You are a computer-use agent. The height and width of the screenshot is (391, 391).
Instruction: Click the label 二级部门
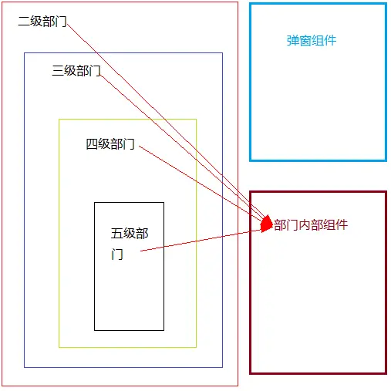click(42, 21)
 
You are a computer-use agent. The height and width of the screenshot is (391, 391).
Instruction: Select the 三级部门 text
click(76, 70)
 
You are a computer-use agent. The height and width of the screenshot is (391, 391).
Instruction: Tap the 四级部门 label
click(110, 144)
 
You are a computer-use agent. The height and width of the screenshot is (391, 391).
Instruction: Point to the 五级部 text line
click(130, 234)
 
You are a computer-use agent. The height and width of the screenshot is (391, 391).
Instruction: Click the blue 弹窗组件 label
click(312, 41)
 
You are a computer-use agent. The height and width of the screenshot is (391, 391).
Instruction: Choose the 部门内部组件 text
click(311, 225)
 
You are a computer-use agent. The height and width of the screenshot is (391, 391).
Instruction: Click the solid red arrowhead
click(266, 224)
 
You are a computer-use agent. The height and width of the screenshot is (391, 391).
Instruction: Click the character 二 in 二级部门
click(24, 21)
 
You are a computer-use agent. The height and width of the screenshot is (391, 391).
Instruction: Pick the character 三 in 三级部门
click(58, 70)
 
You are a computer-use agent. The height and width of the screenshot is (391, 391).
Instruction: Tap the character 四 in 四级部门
click(92, 144)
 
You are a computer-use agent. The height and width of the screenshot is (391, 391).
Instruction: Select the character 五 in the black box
click(117, 234)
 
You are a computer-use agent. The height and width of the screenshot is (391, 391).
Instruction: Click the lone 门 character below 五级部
click(117, 254)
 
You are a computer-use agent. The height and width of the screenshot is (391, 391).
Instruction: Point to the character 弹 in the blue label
click(293, 41)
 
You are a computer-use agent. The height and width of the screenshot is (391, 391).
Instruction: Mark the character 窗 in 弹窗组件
click(305, 41)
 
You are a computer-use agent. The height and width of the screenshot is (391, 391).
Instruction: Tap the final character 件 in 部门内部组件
click(342, 225)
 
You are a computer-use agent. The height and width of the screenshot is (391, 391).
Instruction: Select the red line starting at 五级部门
click(201, 241)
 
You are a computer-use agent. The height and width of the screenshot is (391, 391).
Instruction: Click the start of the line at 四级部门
click(139, 147)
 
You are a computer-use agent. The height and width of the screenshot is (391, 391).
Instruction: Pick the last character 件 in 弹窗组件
click(330, 41)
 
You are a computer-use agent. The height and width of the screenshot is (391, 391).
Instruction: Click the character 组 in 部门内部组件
click(329, 225)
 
